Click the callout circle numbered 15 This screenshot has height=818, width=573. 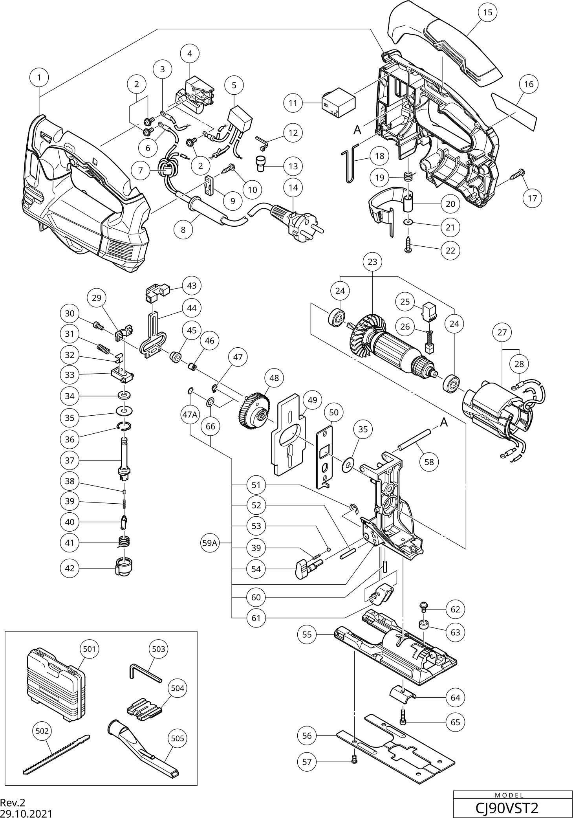487,13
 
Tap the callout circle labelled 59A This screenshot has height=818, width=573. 209,543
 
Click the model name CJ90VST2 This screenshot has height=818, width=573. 507,808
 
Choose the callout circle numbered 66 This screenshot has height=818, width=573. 211,426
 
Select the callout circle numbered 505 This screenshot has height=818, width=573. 178,739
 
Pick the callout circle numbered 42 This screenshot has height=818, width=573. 70,568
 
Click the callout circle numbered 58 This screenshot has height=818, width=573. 429,462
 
